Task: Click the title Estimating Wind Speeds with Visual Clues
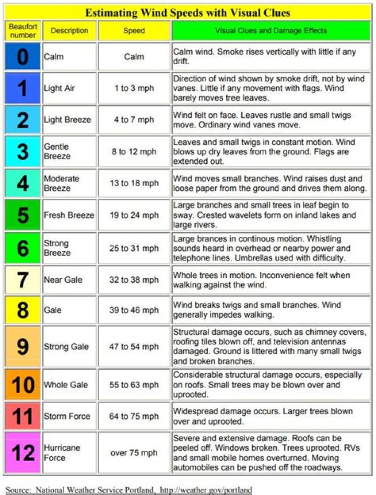pos(188,12)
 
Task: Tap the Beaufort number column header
pos(23,31)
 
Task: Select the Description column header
pos(69,31)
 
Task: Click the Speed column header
pos(134,31)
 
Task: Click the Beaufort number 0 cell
pos(23,57)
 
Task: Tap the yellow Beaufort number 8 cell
pos(23,310)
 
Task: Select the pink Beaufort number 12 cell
pos(23,452)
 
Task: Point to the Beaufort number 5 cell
pos(23,215)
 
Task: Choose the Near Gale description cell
pos(63,280)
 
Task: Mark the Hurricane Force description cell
pos(62,452)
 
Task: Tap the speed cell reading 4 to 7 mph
pos(134,119)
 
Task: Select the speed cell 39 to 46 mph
pos(134,310)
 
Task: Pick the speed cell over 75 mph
pos(134,452)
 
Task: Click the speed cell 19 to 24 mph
pos(134,215)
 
